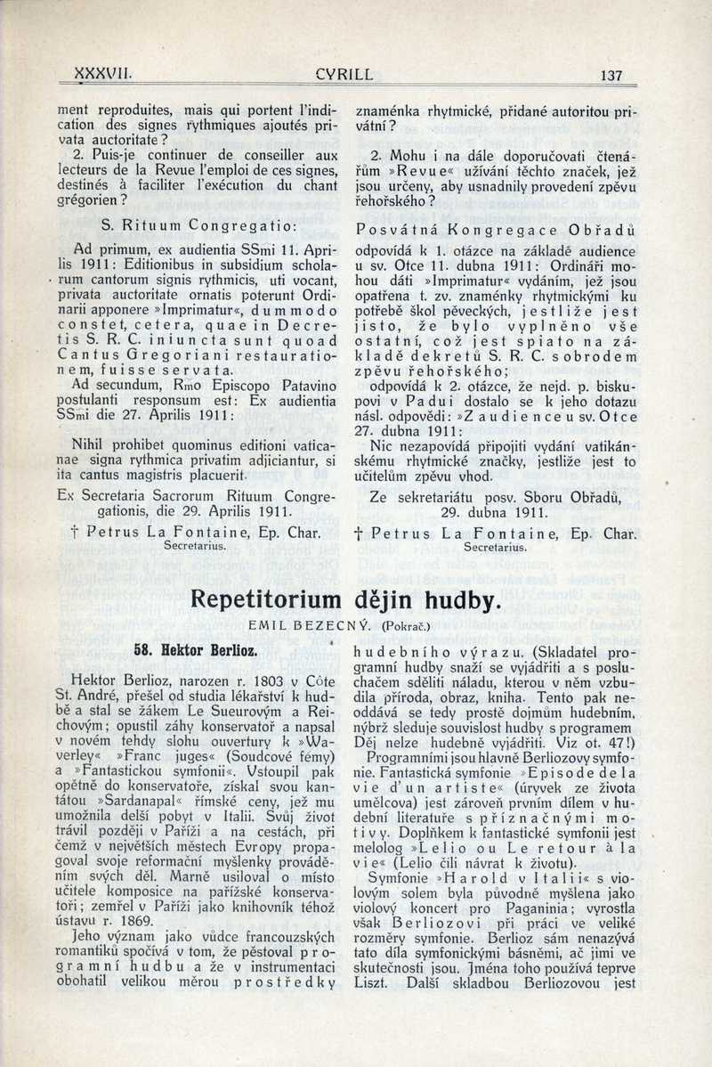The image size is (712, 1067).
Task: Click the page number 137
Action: click(611, 76)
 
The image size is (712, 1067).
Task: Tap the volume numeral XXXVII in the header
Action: click(104, 75)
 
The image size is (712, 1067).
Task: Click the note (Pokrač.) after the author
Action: click(405, 626)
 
